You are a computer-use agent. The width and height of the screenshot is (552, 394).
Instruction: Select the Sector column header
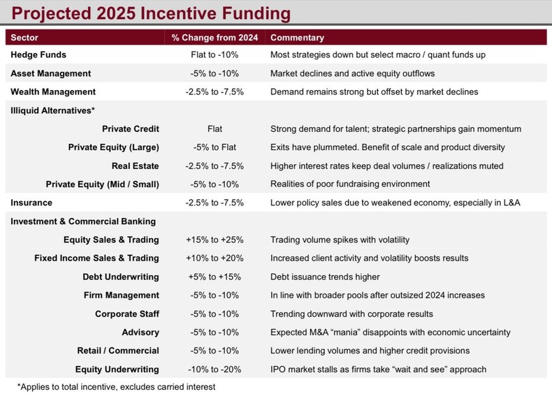tap(24, 37)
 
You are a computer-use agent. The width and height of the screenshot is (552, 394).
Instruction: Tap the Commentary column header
tap(297, 37)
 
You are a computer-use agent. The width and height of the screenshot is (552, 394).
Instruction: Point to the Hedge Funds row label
tap(38, 54)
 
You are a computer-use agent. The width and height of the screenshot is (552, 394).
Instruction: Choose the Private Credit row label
tap(131, 129)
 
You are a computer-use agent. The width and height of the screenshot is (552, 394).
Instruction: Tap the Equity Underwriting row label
tap(118, 369)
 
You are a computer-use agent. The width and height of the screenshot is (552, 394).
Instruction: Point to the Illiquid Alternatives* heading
tap(52, 110)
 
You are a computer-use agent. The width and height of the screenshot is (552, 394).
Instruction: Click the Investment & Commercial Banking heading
tap(83, 221)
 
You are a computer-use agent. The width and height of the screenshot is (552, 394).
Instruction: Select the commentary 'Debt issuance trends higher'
tap(325, 277)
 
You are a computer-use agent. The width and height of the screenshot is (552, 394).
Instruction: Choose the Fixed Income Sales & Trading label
tap(96, 258)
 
